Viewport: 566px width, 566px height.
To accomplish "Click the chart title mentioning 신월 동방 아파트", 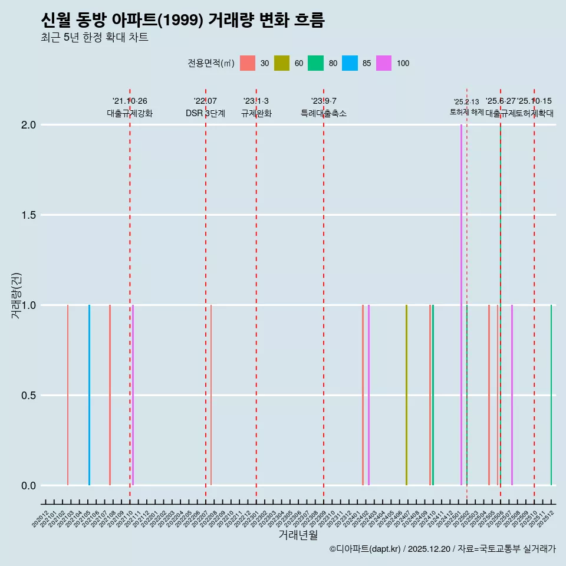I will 183,20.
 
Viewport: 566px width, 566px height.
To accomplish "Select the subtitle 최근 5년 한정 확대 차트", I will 94,38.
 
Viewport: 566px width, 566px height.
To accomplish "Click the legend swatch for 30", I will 248,63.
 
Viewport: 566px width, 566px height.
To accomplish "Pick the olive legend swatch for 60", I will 282,63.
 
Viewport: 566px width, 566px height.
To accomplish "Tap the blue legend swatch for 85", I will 350,63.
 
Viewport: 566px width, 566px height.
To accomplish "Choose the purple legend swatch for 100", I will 384,63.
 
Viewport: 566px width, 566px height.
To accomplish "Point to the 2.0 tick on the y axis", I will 29,125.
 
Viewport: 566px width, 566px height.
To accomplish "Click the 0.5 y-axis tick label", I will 29,396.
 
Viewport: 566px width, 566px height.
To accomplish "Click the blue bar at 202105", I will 89,395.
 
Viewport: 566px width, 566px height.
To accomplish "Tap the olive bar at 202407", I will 406,395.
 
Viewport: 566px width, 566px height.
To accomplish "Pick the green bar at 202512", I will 551,395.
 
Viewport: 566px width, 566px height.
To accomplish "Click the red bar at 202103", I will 68,395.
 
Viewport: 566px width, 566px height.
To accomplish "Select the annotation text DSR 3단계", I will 205,113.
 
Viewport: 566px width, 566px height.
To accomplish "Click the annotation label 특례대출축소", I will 324,113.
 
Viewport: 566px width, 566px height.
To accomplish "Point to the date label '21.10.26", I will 130,101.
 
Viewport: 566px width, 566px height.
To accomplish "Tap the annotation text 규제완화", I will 256,113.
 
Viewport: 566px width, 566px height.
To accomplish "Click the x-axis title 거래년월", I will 298,535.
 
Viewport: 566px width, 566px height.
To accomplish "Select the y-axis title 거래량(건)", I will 16,295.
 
